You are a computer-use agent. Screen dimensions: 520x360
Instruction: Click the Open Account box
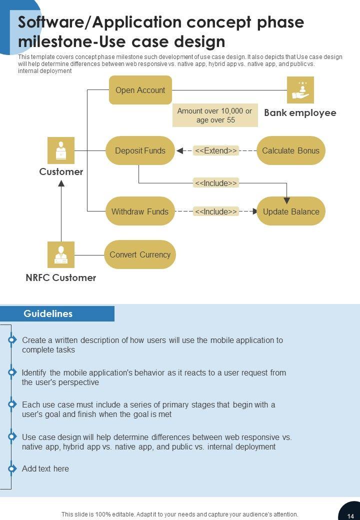140,90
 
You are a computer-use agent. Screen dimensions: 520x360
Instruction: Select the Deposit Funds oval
140,150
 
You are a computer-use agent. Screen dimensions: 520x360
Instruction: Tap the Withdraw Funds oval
140,211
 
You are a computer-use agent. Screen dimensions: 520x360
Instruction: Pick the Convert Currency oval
140,254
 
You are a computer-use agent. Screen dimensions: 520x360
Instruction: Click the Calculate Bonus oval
290,150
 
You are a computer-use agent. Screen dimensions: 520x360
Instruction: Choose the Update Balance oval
290,211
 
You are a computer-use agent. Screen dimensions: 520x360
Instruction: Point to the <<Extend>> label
216,150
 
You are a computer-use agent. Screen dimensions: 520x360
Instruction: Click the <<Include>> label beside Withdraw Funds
216,211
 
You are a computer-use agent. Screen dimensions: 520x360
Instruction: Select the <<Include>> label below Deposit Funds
216,183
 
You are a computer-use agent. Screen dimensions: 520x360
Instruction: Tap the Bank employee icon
300,90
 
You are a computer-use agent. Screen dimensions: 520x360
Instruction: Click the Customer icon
61,150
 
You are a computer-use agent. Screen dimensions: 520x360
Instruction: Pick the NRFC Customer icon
61,254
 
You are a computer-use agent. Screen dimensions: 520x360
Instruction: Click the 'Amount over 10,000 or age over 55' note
214,115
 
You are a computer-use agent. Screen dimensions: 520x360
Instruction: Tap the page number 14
350,515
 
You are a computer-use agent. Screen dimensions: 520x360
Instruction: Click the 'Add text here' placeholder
45,468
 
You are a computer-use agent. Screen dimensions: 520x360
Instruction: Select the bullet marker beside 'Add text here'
12,469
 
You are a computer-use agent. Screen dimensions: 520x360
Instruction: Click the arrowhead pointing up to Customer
61,183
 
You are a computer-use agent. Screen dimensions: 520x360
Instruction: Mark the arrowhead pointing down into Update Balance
287,200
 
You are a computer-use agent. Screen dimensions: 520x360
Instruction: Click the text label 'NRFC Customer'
60,277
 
